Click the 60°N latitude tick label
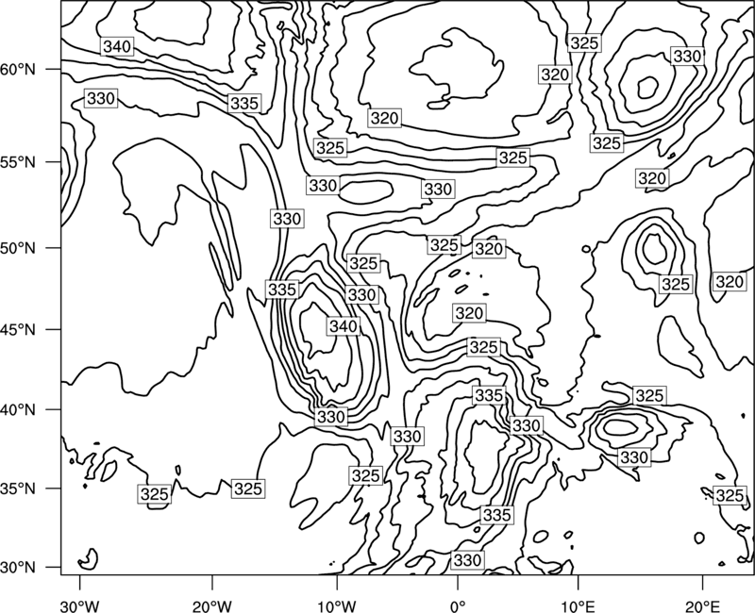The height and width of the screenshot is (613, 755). [x=18, y=70]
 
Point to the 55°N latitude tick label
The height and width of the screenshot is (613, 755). [x=18, y=162]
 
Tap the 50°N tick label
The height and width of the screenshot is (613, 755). [x=18, y=248]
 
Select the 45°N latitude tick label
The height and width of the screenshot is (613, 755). [x=18, y=329]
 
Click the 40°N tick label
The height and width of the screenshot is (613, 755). [x=18, y=410]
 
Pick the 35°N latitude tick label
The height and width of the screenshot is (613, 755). [x=18, y=489]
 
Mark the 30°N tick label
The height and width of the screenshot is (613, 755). [x=18, y=568]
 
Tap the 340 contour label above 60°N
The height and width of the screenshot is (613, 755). [x=117, y=46]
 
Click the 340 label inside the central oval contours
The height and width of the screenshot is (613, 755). [x=344, y=326]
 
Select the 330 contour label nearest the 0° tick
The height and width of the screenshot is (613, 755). [x=467, y=560]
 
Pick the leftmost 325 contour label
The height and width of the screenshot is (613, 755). [x=155, y=494]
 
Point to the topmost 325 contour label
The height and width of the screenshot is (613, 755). [x=584, y=43]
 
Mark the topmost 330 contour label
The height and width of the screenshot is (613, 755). [x=687, y=57]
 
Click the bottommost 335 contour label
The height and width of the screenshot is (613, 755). [x=496, y=515]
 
